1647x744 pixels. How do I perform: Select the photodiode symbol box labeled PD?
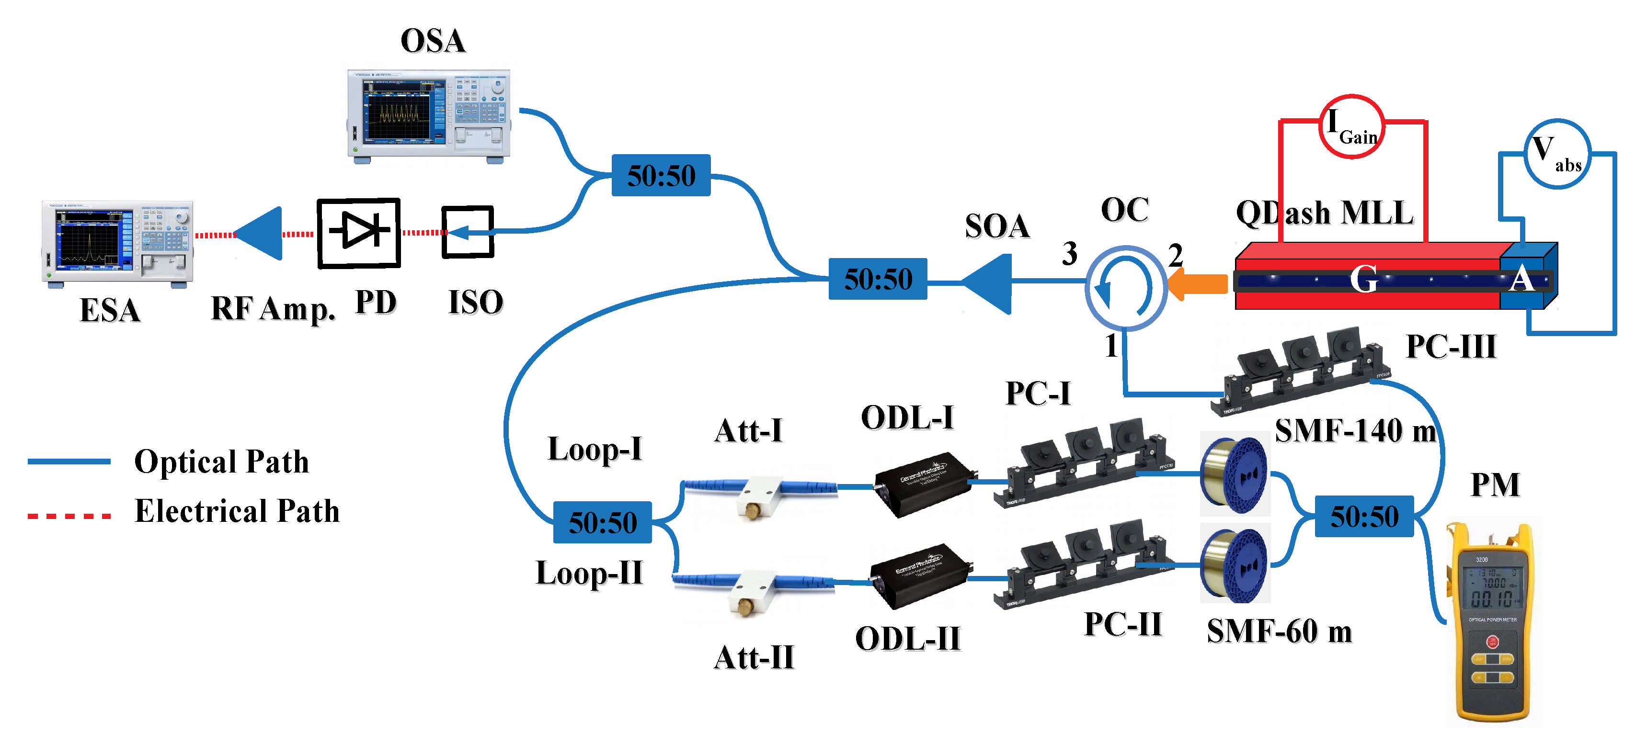click(x=359, y=233)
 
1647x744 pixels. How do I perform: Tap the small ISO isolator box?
click(x=468, y=232)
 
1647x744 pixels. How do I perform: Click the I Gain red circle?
click(x=1351, y=126)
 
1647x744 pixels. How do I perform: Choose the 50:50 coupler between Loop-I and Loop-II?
click(x=602, y=522)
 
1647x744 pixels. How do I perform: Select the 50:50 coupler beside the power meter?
click(x=1364, y=516)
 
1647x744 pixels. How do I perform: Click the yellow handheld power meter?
click(x=1493, y=623)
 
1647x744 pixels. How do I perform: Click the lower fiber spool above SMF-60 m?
click(x=1234, y=564)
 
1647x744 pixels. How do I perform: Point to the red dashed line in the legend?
click(x=69, y=515)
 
